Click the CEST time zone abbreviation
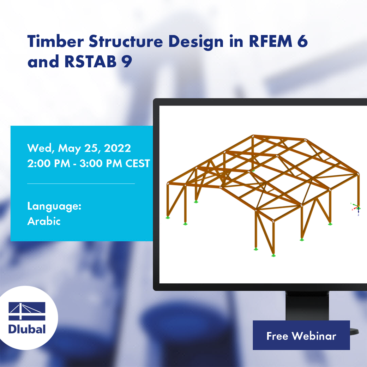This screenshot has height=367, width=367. tap(138, 163)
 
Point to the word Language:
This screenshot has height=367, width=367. tap(54, 206)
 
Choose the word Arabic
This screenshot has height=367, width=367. tap(44, 221)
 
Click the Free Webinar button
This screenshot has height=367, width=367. tap(301, 335)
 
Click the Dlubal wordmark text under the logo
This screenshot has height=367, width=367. tap(27, 329)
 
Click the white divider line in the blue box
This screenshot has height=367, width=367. tap(81, 183)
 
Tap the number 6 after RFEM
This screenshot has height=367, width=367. tap(302, 42)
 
